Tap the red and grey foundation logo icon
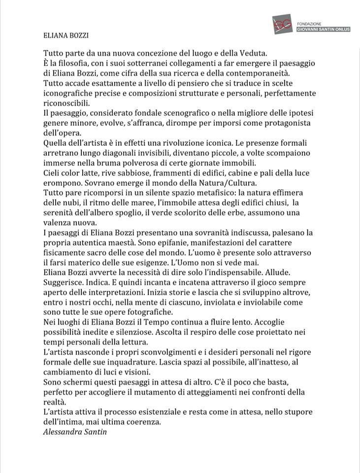point(283,25)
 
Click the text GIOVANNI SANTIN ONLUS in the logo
point(323,30)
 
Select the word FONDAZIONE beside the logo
point(309,24)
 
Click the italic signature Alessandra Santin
point(74,433)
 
